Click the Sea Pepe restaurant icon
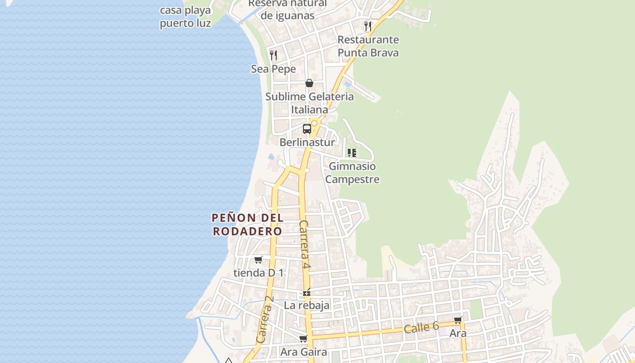click(x=274, y=55)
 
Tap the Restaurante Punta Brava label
click(x=368, y=46)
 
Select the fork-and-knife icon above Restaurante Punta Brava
click(x=368, y=26)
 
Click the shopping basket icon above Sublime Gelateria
click(x=309, y=83)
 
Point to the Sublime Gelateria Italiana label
click(x=309, y=103)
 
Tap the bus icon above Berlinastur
click(x=307, y=128)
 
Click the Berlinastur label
click(x=307, y=142)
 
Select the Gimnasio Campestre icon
click(x=352, y=153)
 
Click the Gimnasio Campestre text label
click(x=352, y=173)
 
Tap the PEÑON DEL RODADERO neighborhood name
click(x=248, y=224)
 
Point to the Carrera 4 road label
click(x=304, y=245)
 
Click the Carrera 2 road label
click(x=265, y=319)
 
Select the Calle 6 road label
click(x=421, y=327)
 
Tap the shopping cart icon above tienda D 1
click(x=258, y=260)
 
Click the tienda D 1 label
click(x=258, y=273)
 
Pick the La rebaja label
click(x=307, y=305)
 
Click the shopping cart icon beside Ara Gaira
click(x=303, y=339)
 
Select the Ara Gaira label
click(x=303, y=352)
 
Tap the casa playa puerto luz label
click(x=186, y=17)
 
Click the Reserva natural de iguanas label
click(x=288, y=10)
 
